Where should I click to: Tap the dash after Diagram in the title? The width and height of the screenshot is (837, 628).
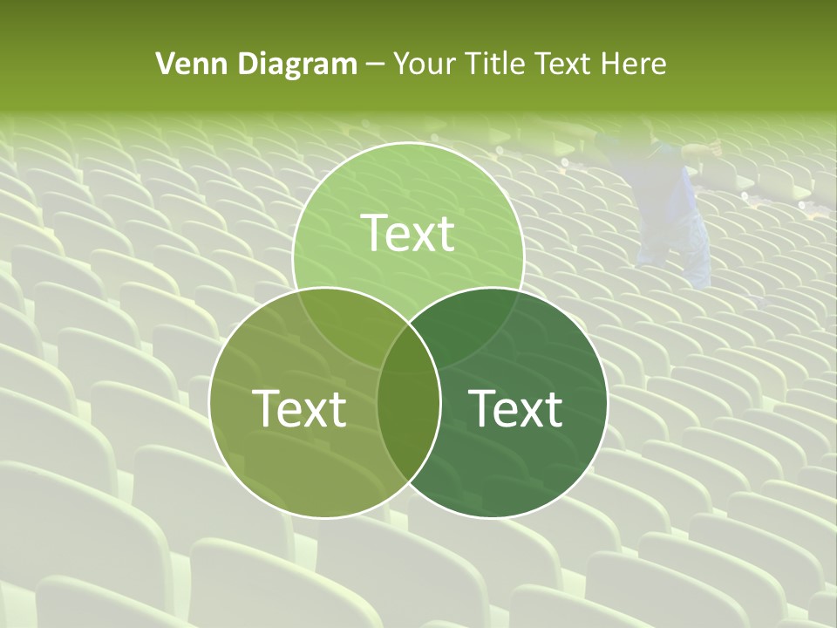click(x=375, y=65)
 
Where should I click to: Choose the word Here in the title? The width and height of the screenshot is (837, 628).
click(x=636, y=64)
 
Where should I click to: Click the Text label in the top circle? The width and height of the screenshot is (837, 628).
click(x=408, y=233)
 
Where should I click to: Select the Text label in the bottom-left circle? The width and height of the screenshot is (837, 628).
click(x=299, y=408)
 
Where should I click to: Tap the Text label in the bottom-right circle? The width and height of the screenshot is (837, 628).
click(x=516, y=408)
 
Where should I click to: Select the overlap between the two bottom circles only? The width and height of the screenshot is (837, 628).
click(x=408, y=427)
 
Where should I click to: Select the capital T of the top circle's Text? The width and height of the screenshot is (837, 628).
click(x=372, y=233)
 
